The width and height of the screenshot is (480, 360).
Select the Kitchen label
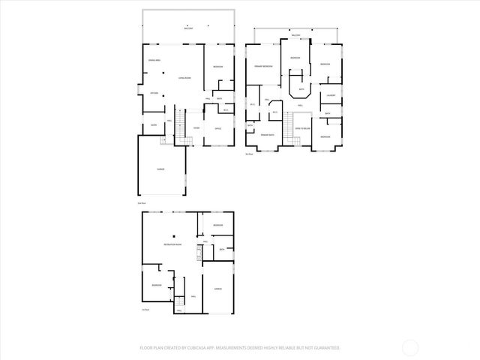click(154, 93)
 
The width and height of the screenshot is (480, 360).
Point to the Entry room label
click(153, 125)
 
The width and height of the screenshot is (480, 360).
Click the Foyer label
click(196, 128)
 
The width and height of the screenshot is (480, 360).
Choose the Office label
click(218, 128)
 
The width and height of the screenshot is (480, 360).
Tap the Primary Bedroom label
click(262, 67)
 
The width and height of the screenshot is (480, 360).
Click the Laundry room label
click(330, 95)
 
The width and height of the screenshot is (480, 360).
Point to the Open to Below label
click(304, 129)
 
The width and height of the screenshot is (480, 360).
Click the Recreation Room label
click(173, 245)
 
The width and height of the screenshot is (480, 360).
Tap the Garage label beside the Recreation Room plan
click(217, 288)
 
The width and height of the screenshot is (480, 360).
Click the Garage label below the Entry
click(160, 169)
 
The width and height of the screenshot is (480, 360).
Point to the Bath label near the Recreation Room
click(222, 249)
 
